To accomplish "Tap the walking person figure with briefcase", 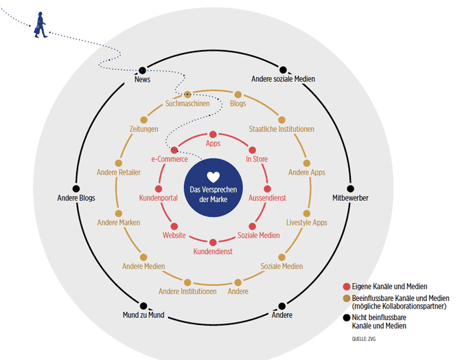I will pyautogui.click(x=41, y=23).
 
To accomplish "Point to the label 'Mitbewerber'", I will pyautogui.click(x=350, y=198).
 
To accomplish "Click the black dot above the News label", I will pyautogui.click(x=143, y=70).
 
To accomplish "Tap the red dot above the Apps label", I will pyautogui.click(x=213, y=134).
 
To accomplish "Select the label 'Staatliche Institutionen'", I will pyautogui.click(x=281, y=128).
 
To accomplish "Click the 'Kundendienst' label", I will pyautogui.click(x=213, y=251).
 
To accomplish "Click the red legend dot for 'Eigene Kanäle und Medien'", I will pyautogui.click(x=346, y=286).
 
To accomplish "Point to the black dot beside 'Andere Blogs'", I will pyautogui.click(x=76, y=188).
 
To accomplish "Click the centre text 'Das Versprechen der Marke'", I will pyautogui.click(x=213, y=194).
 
